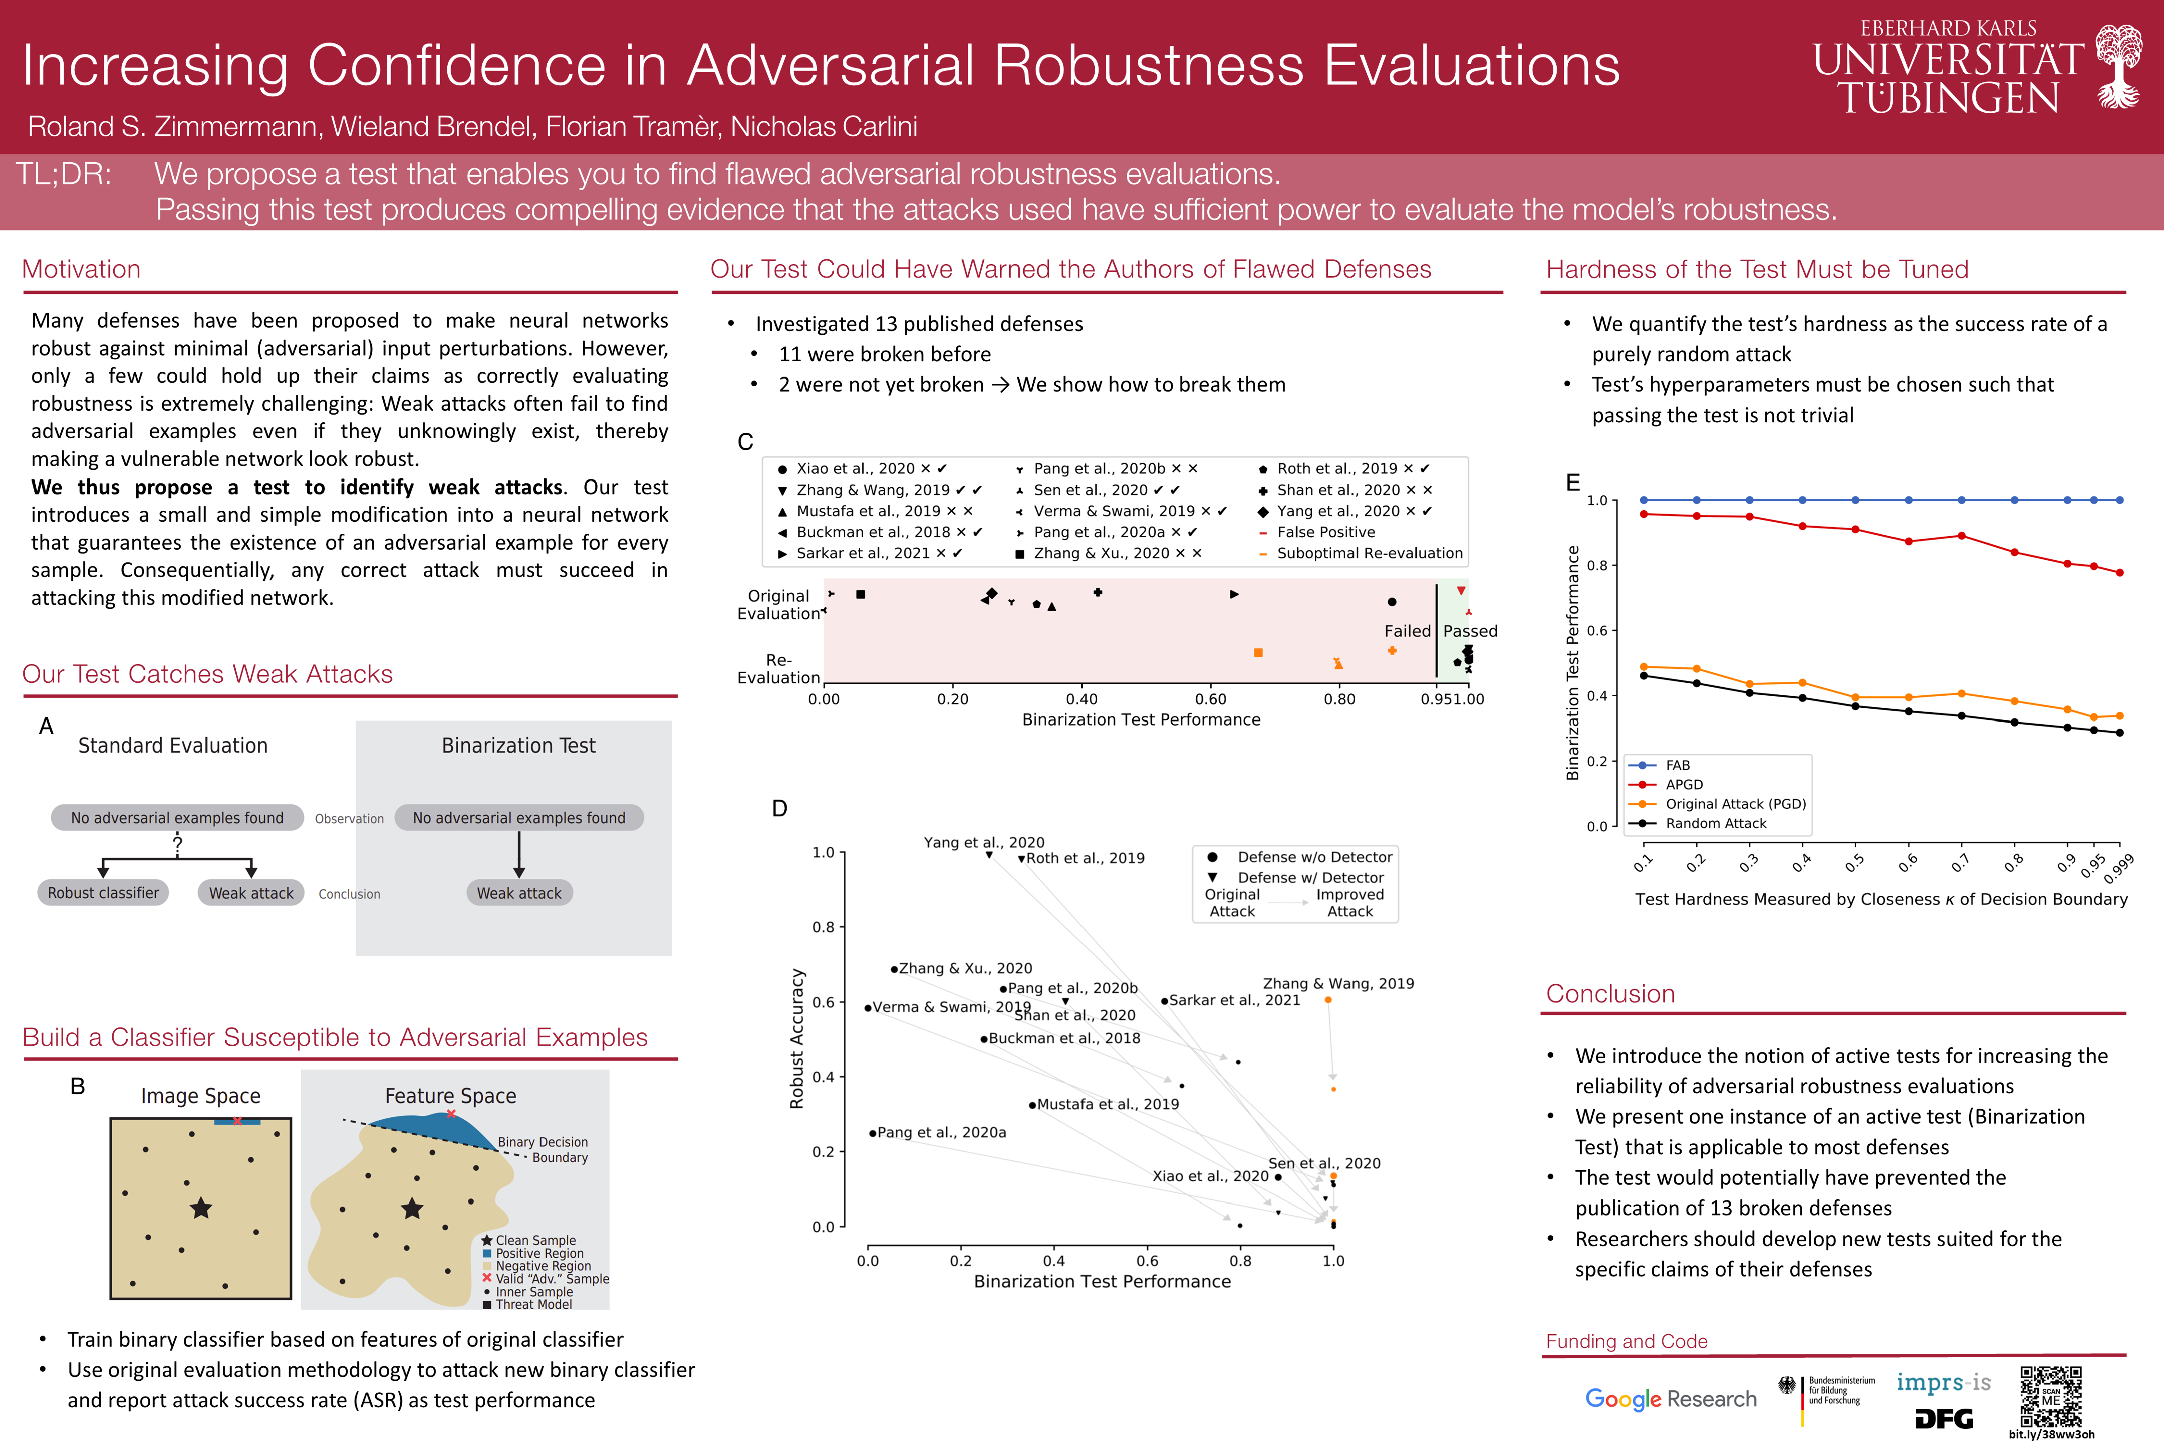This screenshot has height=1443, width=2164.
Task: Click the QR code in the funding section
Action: (x=2051, y=1396)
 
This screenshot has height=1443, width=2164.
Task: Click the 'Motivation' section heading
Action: (x=81, y=269)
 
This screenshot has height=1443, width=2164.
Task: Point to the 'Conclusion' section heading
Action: (x=1610, y=994)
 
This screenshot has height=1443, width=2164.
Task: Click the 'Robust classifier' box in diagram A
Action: (x=103, y=893)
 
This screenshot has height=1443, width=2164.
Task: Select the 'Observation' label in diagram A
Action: (x=349, y=818)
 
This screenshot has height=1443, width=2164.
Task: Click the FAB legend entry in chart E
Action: (x=1677, y=765)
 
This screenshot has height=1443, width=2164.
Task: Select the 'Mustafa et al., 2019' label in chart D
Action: (x=1107, y=1104)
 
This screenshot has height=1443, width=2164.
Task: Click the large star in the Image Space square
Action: (x=200, y=1209)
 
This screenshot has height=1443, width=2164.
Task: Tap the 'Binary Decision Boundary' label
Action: (x=543, y=1149)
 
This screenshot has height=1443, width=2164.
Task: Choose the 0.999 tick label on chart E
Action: (x=2118, y=868)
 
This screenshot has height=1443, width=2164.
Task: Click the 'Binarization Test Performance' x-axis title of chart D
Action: (x=1102, y=1281)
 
